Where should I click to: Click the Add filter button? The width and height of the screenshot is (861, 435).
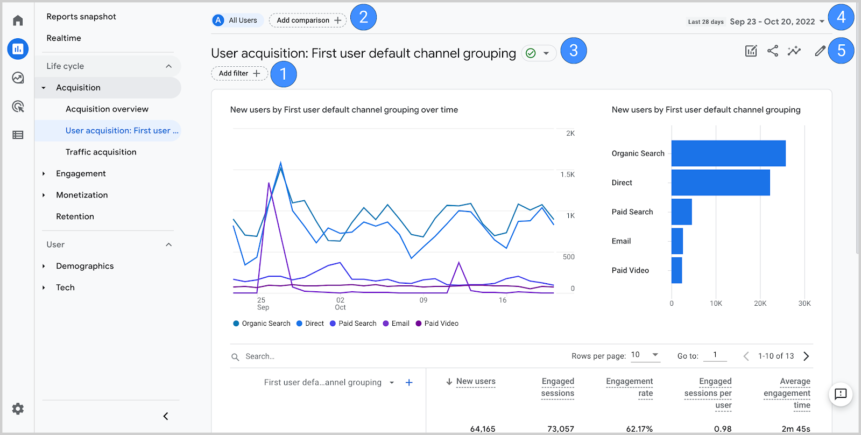pyautogui.click(x=239, y=73)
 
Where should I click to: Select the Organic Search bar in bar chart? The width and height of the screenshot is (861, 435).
pyautogui.click(x=728, y=153)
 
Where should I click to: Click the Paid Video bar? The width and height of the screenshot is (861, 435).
pyautogui.click(x=676, y=270)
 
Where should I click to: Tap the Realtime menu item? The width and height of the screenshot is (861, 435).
pyautogui.click(x=64, y=38)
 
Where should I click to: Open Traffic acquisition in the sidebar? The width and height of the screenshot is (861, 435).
pyautogui.click(x=101, y=152)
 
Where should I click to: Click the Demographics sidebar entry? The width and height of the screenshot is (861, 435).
pyautogui.click(x=84, y=266)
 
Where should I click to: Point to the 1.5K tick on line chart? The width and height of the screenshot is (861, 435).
pyautogui.click(x=567, y=174)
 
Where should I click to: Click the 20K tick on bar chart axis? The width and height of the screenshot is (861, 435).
pyautogui.click(x=760, y=304)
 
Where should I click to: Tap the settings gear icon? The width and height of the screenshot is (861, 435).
pyautogui.click(x=18, y=409)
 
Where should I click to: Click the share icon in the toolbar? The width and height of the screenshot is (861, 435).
pyautogui.click(x=773, y=51)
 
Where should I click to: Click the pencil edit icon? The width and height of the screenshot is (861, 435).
pyautogui.click(x=820, y=51)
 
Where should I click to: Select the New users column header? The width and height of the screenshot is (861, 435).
pyautogui.click(x=476, y=382)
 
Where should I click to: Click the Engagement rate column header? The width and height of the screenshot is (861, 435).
pyautogui.click(x=630, y=387)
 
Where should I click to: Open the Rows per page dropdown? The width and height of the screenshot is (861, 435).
pyautogui.click(x=645, y=355)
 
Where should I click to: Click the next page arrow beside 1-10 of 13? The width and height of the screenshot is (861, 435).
pyautogui.click(x=806, y=356)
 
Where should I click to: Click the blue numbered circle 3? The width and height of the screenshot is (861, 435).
pyautogui.click(x=574, y=51)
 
